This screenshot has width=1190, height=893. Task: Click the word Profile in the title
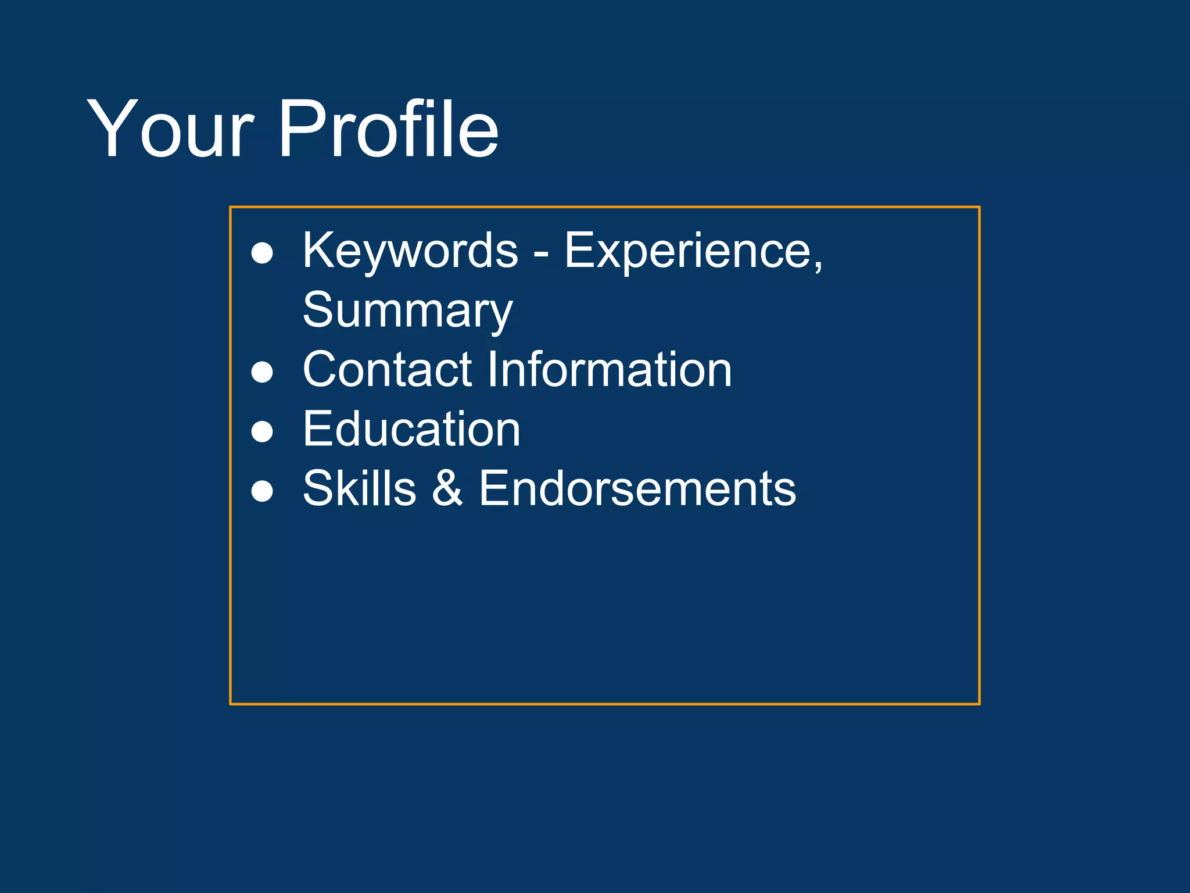click(x=388, y=129)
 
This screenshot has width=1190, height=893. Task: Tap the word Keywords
click(x=410, y=251)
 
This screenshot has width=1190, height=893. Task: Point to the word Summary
click(x=407, y=312)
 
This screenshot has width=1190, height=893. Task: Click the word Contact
click(x=387, y=370)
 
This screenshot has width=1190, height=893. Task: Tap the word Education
click(x=411, y=430)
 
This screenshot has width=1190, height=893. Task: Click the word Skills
click(x=360, y=489)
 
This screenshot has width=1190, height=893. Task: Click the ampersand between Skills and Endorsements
click(x=447, y=489)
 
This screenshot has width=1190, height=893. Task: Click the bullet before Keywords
click(x=262, y=253)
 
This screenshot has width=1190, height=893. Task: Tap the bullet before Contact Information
click(x=262, y=373)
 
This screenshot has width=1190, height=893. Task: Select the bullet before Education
click(x=262, y=432)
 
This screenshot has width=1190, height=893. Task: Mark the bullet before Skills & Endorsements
click(x=262, y=491)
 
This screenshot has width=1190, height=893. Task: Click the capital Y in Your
click(x=111, y=129)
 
